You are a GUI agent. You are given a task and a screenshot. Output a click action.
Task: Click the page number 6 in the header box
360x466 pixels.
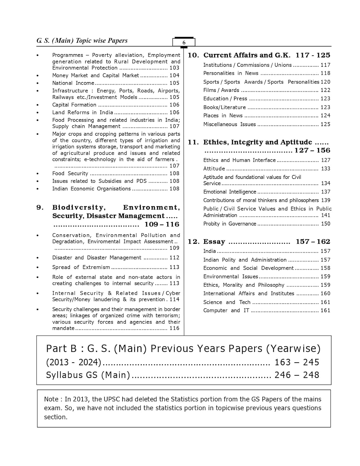[x=184, y=43]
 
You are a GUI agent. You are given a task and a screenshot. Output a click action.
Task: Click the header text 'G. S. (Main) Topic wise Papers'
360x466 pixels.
[x=82, y=41]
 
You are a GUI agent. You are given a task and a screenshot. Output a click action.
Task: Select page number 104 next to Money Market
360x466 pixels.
[x=174, y=75]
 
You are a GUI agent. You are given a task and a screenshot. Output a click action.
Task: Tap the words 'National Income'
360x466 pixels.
[x=73, y=83]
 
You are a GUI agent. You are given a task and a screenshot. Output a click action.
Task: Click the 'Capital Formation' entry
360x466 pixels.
[x=74, y=105]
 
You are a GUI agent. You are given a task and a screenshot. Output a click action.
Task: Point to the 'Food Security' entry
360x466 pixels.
[x=70, y=174]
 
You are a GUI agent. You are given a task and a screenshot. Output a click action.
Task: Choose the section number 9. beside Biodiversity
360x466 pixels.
[x=40, y=208]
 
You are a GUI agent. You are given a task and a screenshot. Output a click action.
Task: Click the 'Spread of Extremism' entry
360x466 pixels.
[x=81, y=267]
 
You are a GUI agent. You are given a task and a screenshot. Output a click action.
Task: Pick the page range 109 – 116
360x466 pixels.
[x=162, y=224]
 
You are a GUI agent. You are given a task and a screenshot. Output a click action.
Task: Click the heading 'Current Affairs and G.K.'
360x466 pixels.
[x=247, y=55]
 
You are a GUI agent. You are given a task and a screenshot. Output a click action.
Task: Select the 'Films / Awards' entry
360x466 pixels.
[x=221, y=90]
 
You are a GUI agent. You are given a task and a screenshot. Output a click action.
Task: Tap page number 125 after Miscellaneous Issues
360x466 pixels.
[x=325, y=124]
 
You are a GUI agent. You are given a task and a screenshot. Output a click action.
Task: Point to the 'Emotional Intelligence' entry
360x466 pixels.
[x=230, y=192]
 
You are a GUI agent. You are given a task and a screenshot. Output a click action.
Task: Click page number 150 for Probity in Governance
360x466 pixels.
[x=326, y=224]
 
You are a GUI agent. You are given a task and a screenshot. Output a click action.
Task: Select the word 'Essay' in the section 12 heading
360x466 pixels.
[x=214, y=242]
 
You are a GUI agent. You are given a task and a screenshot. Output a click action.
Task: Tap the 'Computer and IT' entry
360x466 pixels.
[x=226, y=310]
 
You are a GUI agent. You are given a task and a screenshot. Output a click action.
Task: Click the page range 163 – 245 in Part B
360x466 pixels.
[x=297, y=362]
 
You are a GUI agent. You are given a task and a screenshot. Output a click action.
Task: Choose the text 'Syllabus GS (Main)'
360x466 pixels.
[x=88, y=375]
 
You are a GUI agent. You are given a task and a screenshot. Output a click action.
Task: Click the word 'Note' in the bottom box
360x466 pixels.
[x=51, y=399]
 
